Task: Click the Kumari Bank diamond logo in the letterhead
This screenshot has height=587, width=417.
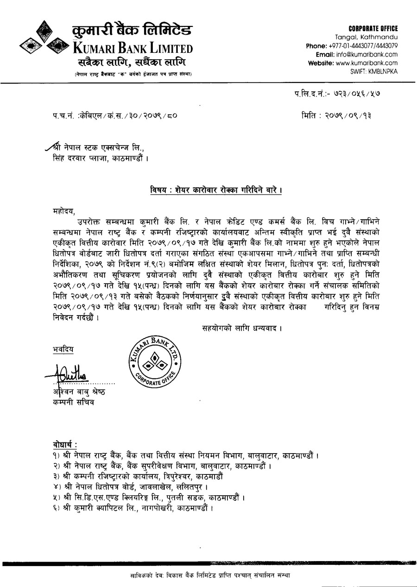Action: coord(44,40)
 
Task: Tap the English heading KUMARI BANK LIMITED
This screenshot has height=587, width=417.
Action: coord(133,48)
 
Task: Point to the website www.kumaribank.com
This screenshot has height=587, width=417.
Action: coord(366,63)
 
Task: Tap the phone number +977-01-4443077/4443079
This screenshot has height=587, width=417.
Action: coord(363,45)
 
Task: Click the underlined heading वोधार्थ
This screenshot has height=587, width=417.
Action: coord(65,445)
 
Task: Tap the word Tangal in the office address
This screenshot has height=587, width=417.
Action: coord(348,37)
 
